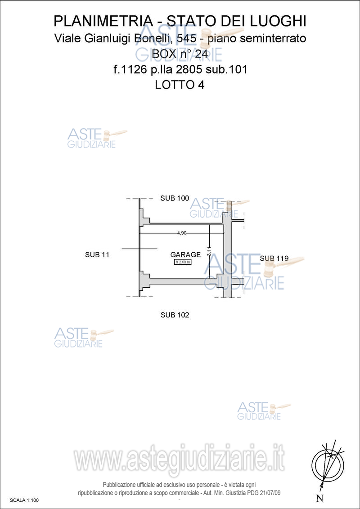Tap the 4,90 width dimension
coord(182,233)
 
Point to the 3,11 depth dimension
coord(209,251)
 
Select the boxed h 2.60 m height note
coord(183,262)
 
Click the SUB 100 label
coord(175,198)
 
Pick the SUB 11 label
coord(97,255)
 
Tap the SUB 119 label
coord(274,259)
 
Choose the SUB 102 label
coord(175,315)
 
